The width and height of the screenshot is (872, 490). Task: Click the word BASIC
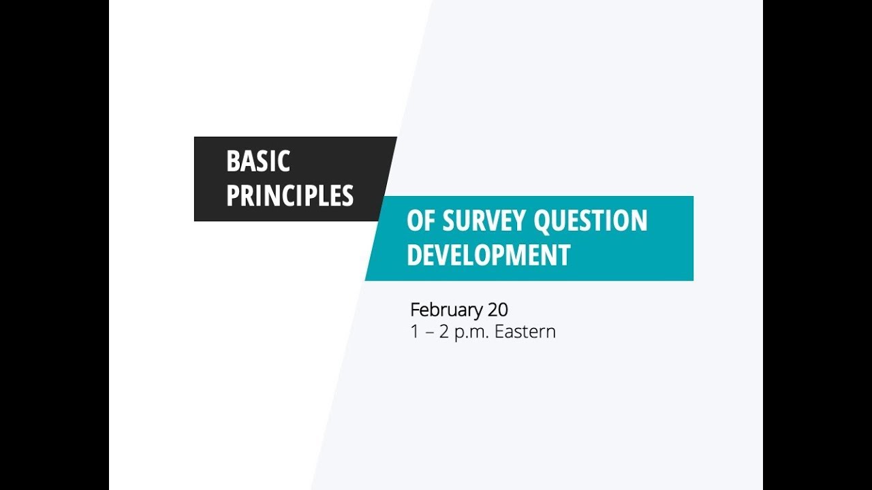(x=258, y=161)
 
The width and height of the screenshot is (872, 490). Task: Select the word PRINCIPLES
(x=290, y=196)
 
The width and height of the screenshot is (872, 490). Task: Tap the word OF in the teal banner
(x=419, y=220)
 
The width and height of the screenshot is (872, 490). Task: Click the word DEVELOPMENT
(x=488, y=255)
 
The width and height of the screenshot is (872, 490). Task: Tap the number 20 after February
(x=498, y=310)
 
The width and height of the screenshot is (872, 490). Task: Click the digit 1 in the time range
(x=414, y=332)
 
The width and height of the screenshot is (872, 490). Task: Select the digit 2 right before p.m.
(x=445, y=332)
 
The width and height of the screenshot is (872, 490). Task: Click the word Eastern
(x=525, y=332)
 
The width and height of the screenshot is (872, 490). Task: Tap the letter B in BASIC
(x=232, y=161)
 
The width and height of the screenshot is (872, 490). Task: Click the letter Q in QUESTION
(x=544, y=221)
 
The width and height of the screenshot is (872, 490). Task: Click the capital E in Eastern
(x=499, y=332)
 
